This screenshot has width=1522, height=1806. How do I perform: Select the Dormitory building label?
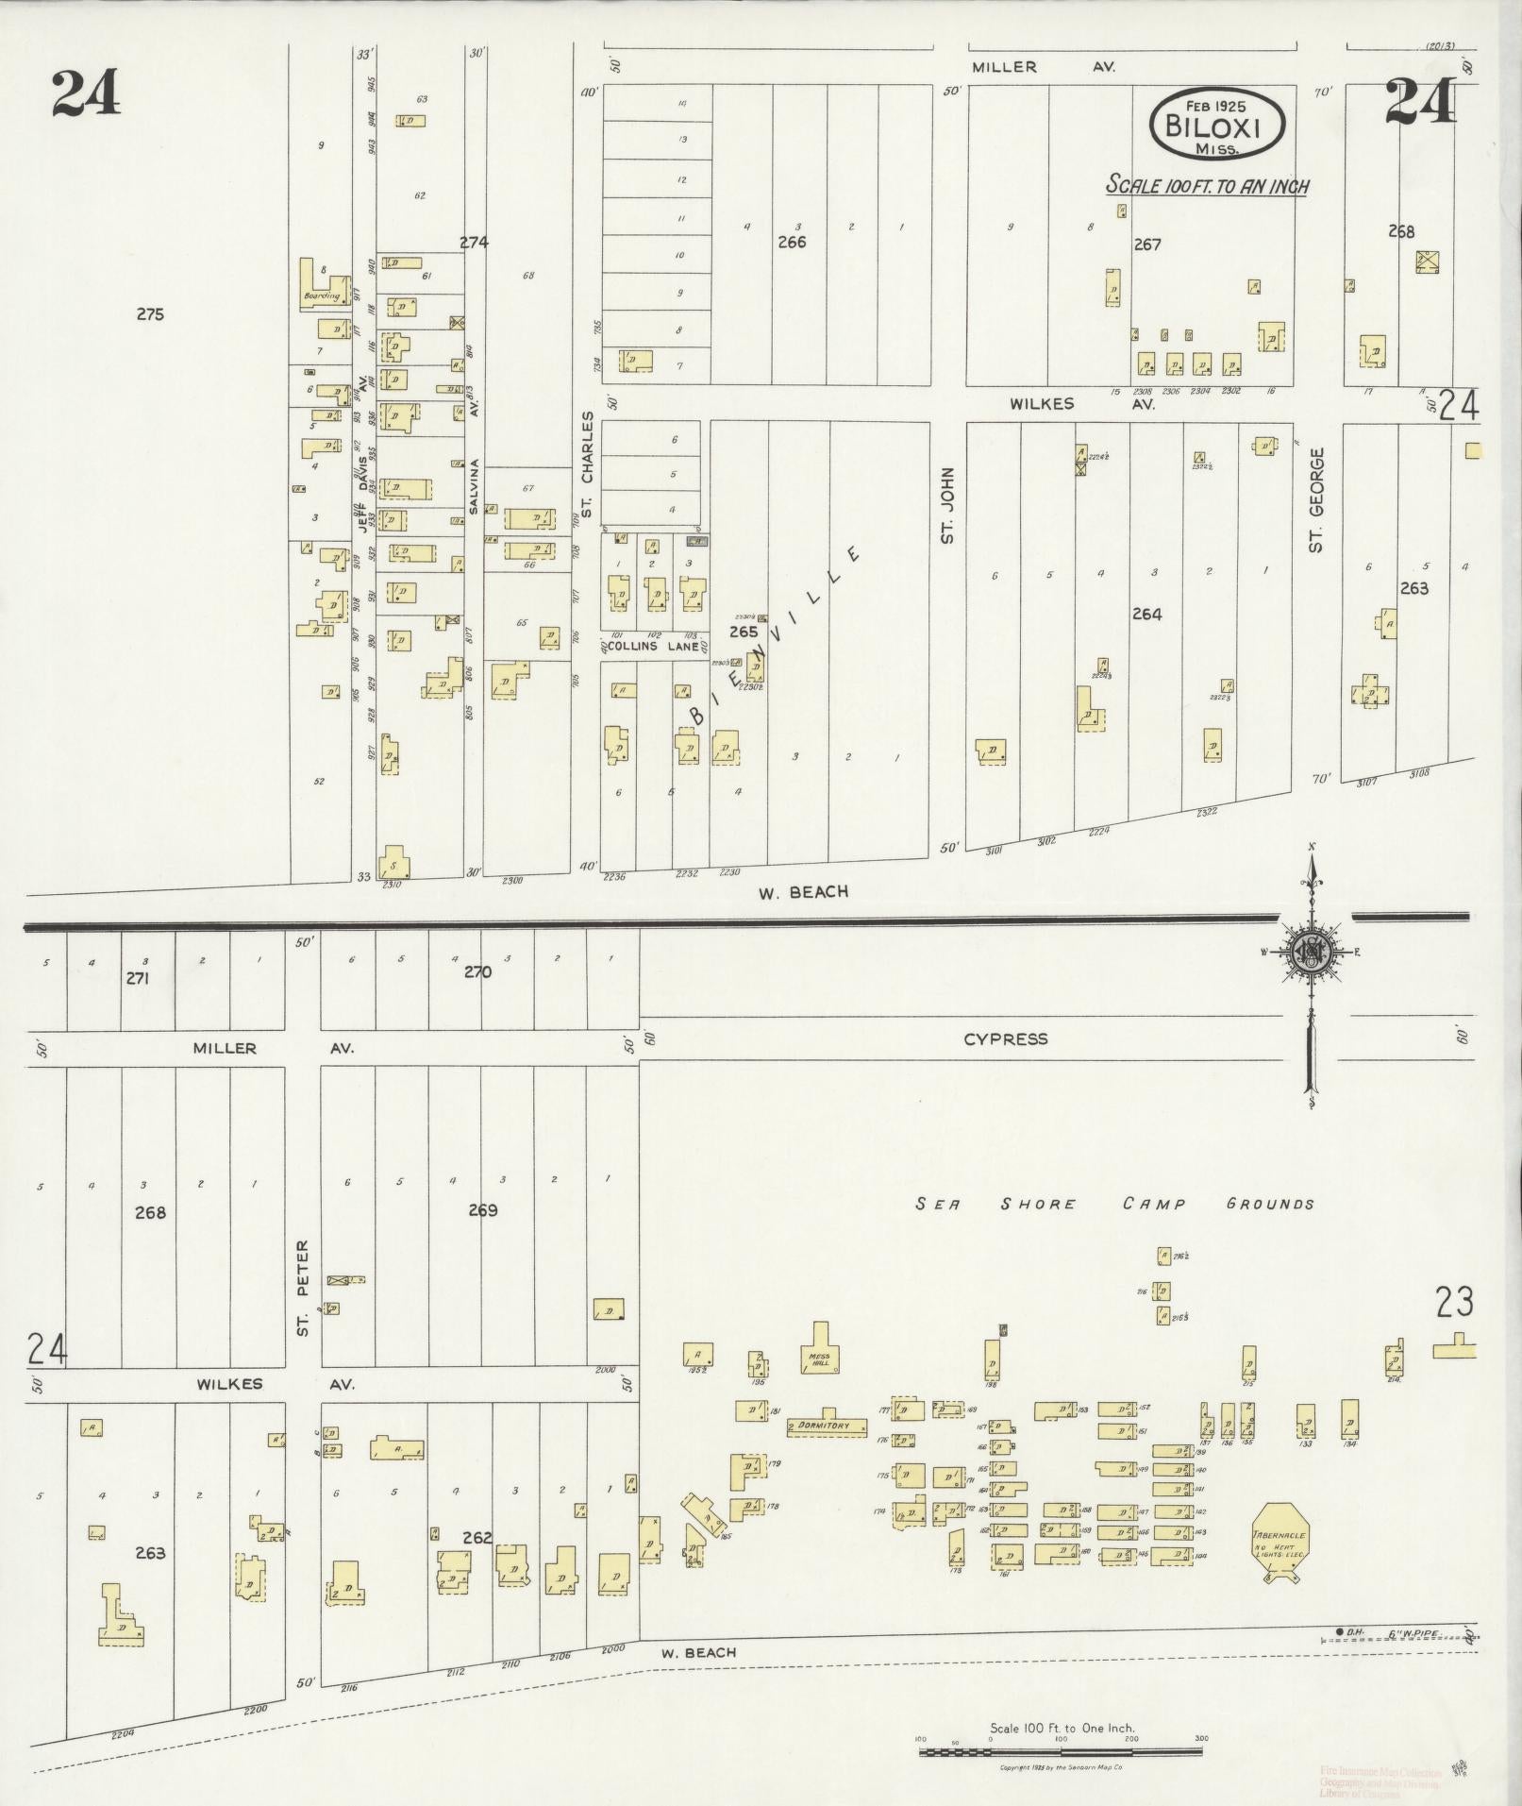pyautogui.click(x=825, y=1426)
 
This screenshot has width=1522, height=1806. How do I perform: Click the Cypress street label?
pyautogui.click(x=1006, y=1039)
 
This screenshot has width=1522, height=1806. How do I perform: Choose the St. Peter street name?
pyautogui.click(x=303, y=1289)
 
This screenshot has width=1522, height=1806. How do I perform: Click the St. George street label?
pyautogui.click(x=1318, y=500)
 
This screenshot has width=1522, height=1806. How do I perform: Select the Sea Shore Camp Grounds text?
pyautogui.click(x=1114, y=1204)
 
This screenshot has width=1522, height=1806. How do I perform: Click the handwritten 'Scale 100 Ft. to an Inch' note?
pyautogui.click(x=1207, y=185)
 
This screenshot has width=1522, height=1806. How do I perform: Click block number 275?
pyautogui.click(x=150, y=314)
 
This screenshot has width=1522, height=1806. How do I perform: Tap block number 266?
pyautogui.click(x=792, y=242)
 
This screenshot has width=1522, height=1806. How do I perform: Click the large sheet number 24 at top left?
pyautogui.click(x=86, y=94)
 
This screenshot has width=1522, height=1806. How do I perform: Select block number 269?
pyautogui.click(x=482, y=1210)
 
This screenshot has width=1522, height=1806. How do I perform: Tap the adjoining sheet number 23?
pyautogui.click(x=1454, y=1304)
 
